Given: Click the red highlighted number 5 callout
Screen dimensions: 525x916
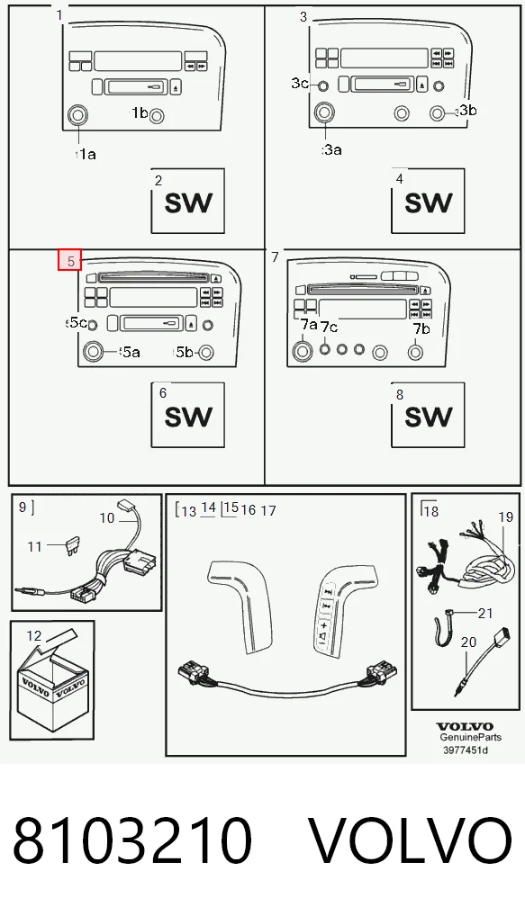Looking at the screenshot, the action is click(70, 261).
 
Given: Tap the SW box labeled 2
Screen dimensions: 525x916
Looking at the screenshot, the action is click(187, 201).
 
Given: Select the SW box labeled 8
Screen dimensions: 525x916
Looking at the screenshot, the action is click(428, 415).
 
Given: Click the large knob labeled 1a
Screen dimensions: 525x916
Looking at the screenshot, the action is click(77, 115).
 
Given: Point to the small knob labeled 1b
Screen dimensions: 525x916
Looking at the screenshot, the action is click(157, 117).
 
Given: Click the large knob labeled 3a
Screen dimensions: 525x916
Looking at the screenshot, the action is click(324, 112).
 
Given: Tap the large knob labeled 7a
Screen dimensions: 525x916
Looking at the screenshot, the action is click(303, 351).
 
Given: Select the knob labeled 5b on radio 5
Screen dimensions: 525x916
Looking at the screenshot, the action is click(206, 352).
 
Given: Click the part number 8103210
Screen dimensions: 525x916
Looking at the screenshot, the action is click(132, 840).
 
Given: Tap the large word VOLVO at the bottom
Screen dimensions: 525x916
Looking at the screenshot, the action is click(411, 840).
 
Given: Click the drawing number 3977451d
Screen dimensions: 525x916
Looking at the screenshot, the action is click(465, 750).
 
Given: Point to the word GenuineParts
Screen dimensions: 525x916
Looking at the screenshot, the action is click(471, 738).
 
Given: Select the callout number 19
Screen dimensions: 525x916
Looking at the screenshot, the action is click(506, 517).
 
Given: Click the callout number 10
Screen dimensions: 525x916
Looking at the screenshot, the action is click(107, 517).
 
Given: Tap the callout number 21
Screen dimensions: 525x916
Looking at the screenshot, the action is click(485, 613).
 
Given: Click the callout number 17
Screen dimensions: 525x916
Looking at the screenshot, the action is click(267, 510).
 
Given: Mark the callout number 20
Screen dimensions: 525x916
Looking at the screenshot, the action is click(469, 642).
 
